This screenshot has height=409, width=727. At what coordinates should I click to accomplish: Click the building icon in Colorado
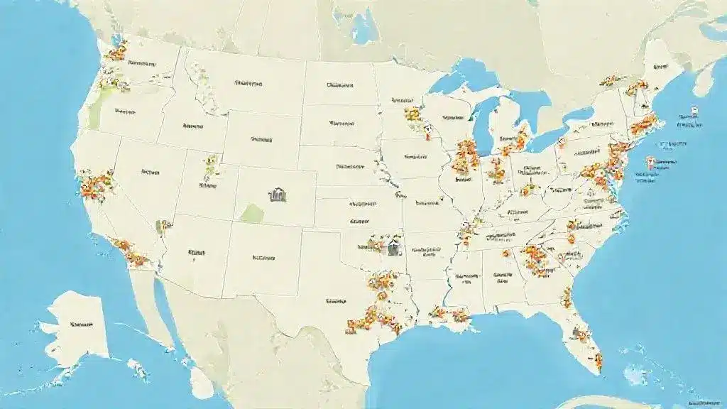(x=275, y=193)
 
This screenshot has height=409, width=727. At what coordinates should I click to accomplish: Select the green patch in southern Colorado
(x=252, y=212)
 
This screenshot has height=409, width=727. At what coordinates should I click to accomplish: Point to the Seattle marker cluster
(x=117, y=51)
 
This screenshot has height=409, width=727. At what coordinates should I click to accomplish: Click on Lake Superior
(x=461, y=76)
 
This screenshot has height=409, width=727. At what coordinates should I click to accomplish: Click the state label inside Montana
(x=248, y=83)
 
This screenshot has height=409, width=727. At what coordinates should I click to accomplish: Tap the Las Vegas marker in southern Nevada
(x=165, y=227)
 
